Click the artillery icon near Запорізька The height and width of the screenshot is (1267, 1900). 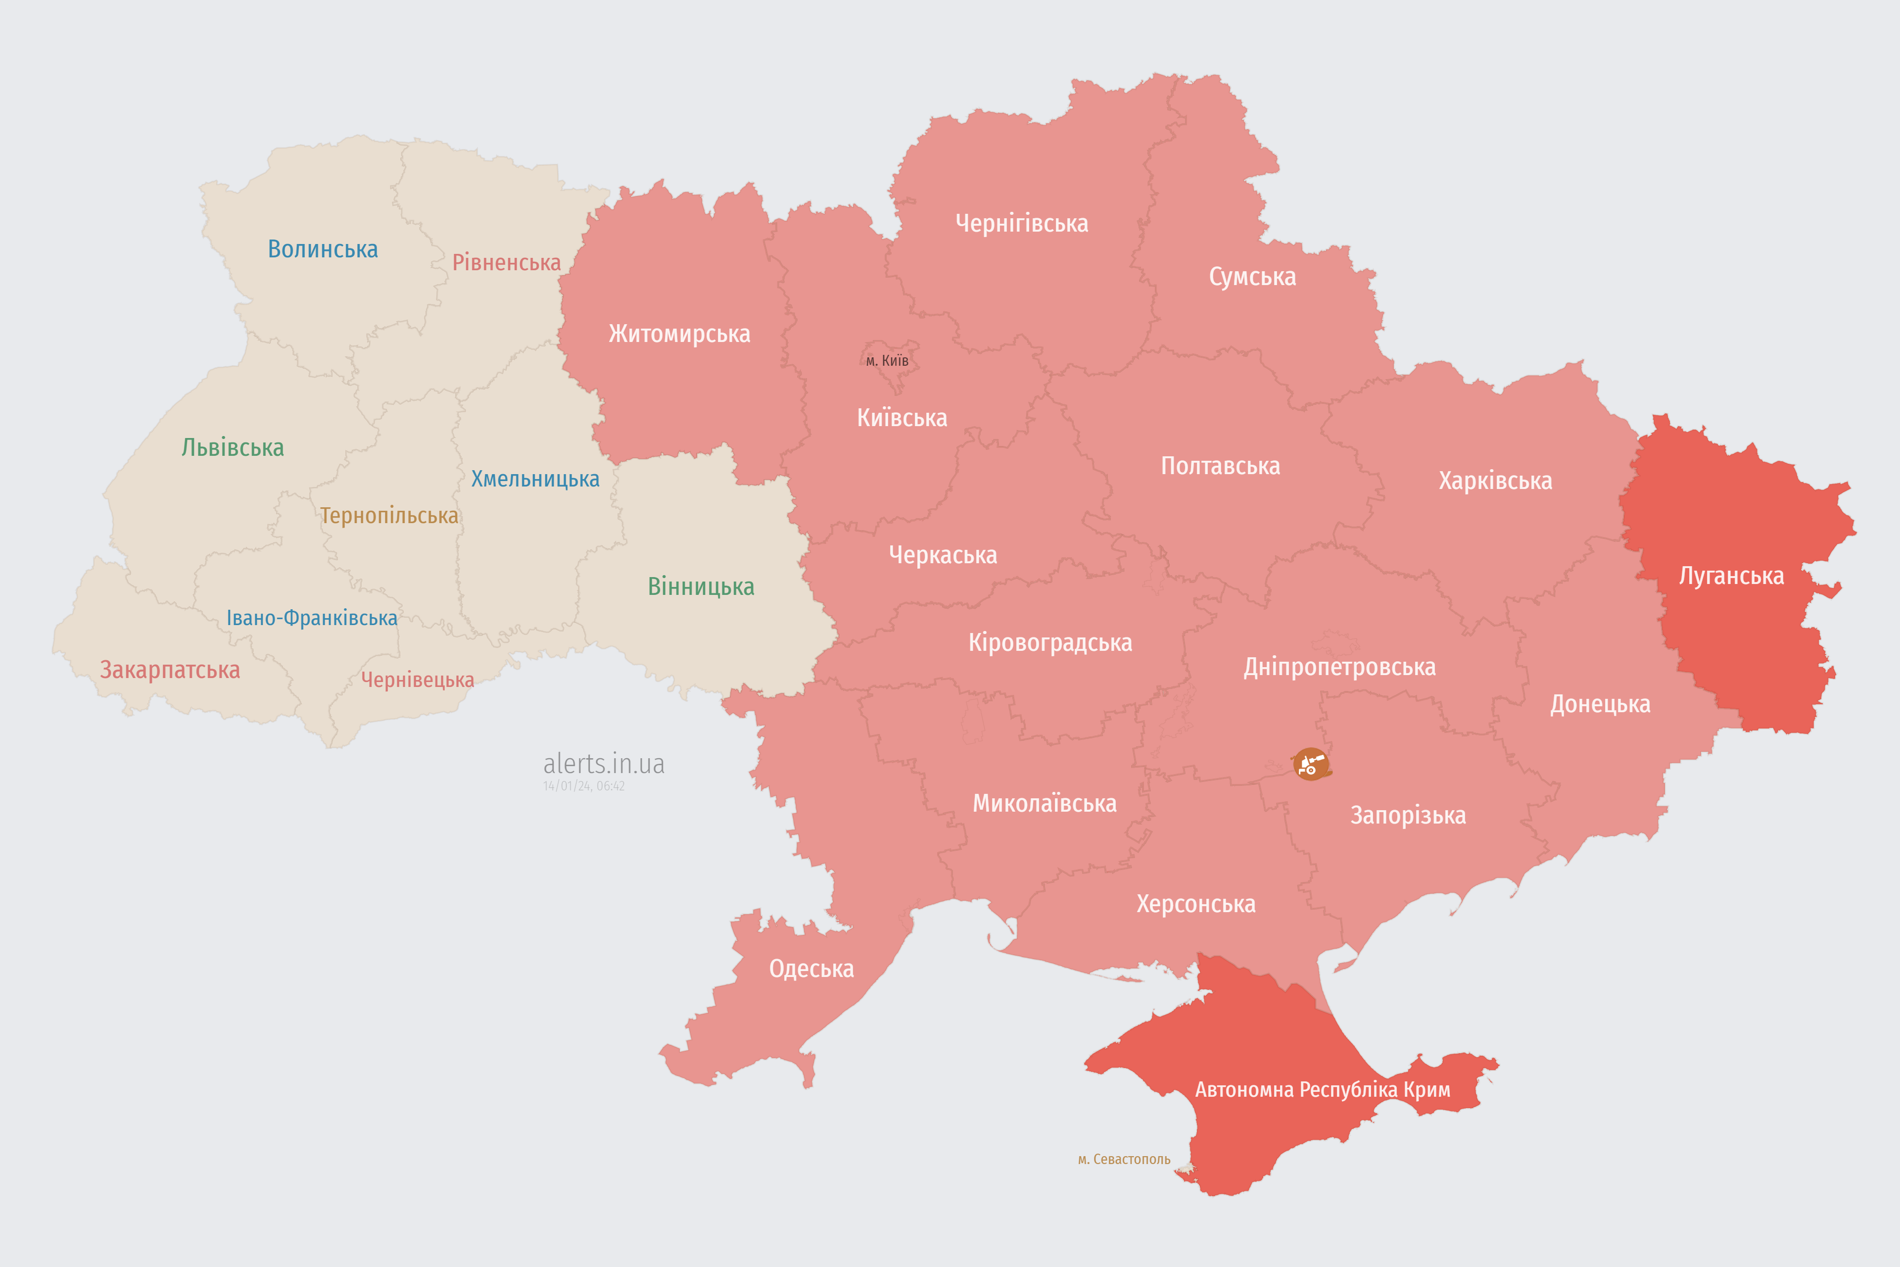pos(1310,764)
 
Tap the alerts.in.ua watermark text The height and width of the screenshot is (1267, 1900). pos(604,764)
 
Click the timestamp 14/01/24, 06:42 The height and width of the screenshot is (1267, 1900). pos(583,786)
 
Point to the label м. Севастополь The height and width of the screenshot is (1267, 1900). pos(1124,1160)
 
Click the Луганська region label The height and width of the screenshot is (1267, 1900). pos(1731,576)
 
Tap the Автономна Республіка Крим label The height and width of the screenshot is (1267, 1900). pos(1323,1090)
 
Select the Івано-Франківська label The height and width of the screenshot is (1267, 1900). pos(312,618)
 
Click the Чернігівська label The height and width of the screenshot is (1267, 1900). pos(1021,223)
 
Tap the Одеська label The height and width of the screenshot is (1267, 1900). pos(811,969)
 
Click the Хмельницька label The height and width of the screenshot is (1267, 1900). pos(535,479)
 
